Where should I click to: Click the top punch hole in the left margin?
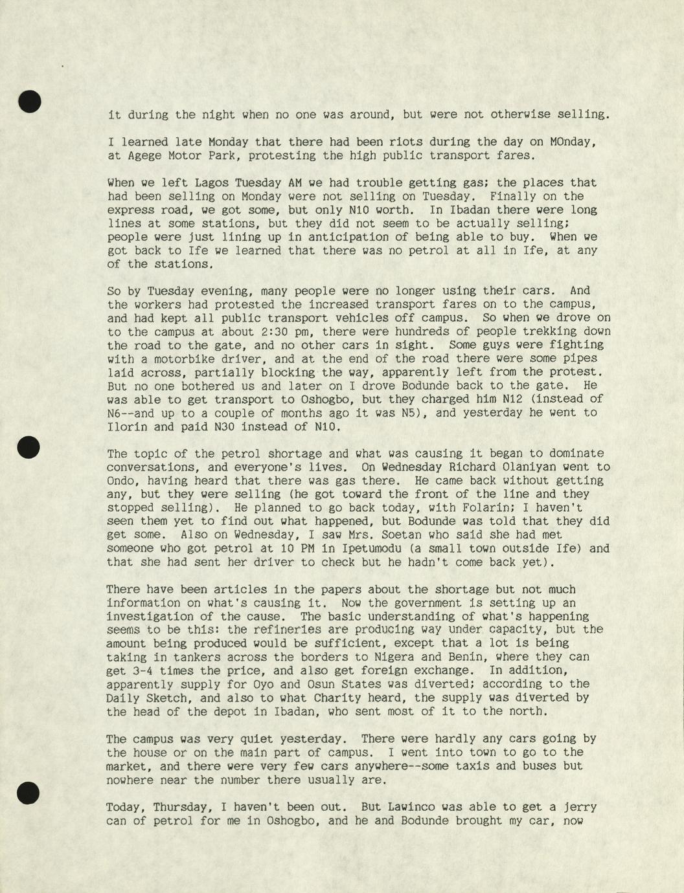click(x=30, y=102)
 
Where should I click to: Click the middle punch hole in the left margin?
click(x=30, y=447)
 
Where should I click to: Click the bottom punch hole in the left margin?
click(x=30, y=792)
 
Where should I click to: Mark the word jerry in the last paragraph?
click(x=580, y=807)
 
